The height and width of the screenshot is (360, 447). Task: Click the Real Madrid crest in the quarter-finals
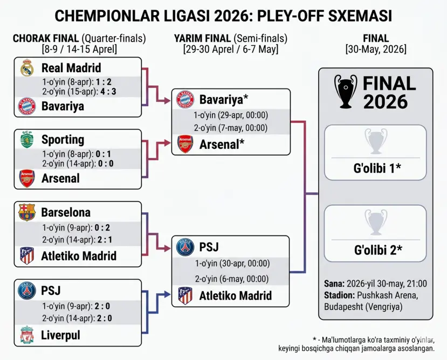pyautogui.click(x=27, y=68)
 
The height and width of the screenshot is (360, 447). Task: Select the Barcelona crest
pyautogui.click(x=27, y=212)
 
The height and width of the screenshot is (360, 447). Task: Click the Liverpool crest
pyautogui.click(x=27, y=335)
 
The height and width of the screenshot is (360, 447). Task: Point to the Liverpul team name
pyautogui.click(x=60, y=335)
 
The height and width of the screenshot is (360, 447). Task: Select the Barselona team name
pyautogui.click(x=66, y=212)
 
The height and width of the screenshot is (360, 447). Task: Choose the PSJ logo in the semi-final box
pyautogui.click(x=185, y=247)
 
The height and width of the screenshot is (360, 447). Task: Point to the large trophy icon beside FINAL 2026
pyautogui.click(x=346, y=91)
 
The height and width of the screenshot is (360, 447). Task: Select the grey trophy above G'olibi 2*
pyautogui.click(x=375, y=222)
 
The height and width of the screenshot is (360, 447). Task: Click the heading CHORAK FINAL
pyautogui.click(x=46, y=39)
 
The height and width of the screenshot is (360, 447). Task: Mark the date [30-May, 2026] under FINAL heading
pyautogui.click(x=376, y=50)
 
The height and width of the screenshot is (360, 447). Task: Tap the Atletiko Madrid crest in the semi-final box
pyautogui.click(x=185, y=295)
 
